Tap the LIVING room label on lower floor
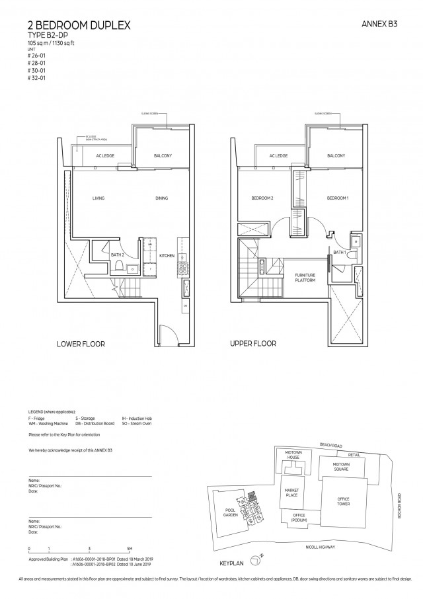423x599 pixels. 98,198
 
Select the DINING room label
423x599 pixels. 161,198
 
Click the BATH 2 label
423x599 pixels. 118,255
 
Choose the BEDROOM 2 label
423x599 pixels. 262,198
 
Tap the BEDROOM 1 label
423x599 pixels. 337,198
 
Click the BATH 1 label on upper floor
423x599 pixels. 339,252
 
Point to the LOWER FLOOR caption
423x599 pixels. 81,344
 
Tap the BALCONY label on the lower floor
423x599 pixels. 162,156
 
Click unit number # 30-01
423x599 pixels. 37,72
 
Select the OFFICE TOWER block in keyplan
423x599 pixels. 343,500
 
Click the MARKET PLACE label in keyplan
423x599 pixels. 292,492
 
